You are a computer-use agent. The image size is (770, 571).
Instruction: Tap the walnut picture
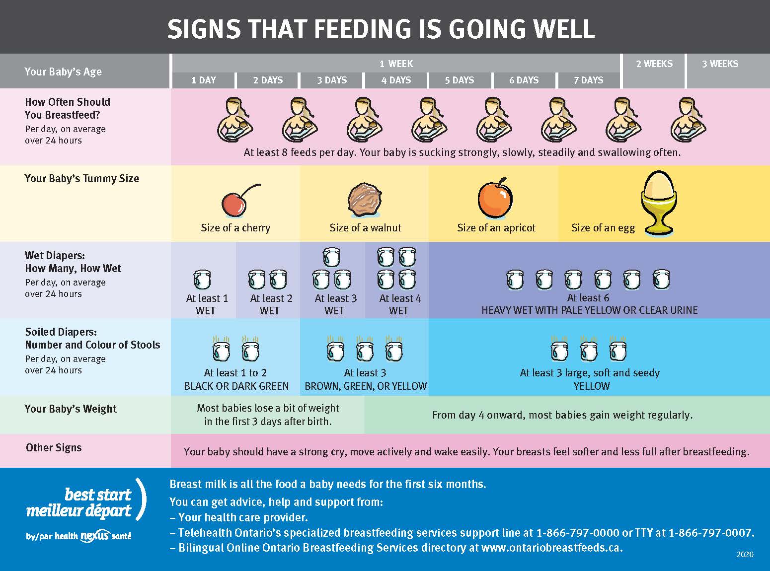click(x=365, y=200)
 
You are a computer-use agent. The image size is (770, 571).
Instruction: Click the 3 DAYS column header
click(x=332, y=80)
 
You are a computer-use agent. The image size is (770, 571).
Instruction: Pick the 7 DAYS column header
click(x=588, y=80)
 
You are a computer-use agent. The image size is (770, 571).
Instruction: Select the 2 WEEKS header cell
click(x=654, y=64)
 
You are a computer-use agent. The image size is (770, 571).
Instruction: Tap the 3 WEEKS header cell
click(x=720, y=64)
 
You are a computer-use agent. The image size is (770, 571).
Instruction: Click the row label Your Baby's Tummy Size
click(x=82, y=179)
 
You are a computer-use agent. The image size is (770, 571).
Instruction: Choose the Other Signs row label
click(x=54, y=448)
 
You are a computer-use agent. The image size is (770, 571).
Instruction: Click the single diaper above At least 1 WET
click(x=202, y=279)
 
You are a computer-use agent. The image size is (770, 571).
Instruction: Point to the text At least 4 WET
click(x=399, y=304)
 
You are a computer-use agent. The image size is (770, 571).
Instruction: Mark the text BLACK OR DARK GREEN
click(x=236, y=386)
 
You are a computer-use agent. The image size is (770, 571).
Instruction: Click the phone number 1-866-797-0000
click(x=577, y=533)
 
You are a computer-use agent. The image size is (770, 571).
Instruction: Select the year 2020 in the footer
click(x=745, y=555)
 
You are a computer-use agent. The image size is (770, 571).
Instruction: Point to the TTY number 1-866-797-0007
click(x=710, y=533)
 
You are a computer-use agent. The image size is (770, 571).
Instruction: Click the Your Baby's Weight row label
click(x=71, y=409)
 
